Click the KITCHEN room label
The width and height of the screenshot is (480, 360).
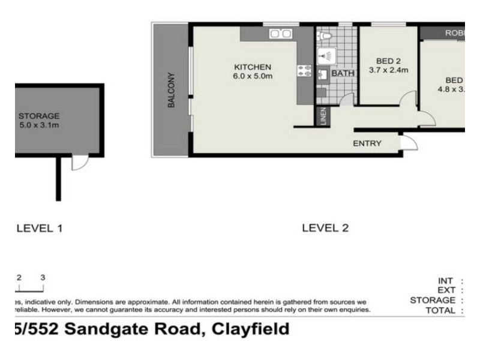(x=252, y=67)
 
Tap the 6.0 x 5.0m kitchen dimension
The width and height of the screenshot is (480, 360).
(x=252, y=76)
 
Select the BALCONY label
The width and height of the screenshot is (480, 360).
(x=171, y=90)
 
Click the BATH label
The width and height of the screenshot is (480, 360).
(x=343, y=73)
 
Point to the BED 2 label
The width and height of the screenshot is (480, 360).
(x=388, y=61)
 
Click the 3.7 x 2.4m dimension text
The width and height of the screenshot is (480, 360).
(x=388, y=70)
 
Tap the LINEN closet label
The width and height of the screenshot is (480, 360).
(x=323, y=116)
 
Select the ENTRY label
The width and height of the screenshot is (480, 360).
(x=367, y=143)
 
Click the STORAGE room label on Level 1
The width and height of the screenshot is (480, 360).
(x=39, y=116)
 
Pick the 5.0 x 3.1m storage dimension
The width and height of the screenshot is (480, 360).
(x=39, y=125)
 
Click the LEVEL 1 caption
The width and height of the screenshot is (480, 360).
(x=40, y=228)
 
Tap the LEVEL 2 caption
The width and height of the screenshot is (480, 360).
(x=325, y=228)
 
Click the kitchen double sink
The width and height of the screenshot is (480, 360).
(x=280, y=34)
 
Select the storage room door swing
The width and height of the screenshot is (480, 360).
(x=79, y=162)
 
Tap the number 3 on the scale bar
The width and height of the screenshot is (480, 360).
(x=43, y=277)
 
